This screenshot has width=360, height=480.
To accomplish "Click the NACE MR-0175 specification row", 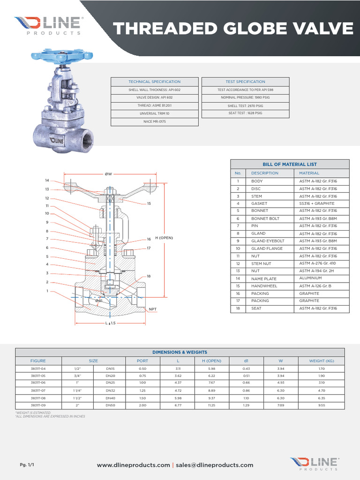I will [154, 121].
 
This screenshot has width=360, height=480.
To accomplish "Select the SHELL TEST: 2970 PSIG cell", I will [245, 106].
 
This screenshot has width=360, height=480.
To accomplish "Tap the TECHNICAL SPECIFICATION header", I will [154, 82].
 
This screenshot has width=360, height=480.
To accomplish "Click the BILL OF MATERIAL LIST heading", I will [290, 164].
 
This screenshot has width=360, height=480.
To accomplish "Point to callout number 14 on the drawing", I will [47, 180].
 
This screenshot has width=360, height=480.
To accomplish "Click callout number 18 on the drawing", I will [149, 276].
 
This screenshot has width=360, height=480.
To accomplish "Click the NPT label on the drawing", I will [152, 309].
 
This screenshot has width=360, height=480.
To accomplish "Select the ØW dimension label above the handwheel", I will [108, 174].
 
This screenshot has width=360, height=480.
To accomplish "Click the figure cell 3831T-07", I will [38, 390].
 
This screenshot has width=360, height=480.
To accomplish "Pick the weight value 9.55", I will [321, 405].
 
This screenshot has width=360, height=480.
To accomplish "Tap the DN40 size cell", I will [110, 397].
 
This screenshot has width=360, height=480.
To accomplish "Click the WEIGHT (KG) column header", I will [321, 361].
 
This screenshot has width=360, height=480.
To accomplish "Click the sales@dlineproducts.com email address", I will [214, 465].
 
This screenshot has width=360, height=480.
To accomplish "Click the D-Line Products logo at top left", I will [49, 25].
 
